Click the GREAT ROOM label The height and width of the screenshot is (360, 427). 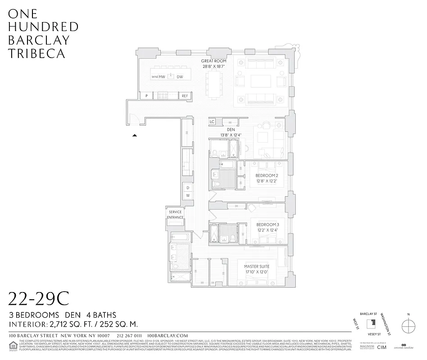(x=213, y=61)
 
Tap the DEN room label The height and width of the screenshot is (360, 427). (x=231, y=129)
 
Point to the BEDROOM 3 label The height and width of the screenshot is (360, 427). (x=268, y=225)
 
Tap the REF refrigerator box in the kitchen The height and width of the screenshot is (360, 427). (x=185, y=96)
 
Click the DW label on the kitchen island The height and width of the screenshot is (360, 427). (x=180, y=77)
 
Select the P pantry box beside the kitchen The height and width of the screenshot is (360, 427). (x=146, y=96)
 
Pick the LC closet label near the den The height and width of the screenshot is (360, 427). (x=212, y=122)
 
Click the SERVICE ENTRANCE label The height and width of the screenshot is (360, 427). (x=175, y=215)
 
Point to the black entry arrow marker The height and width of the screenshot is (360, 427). (x=134, y=135)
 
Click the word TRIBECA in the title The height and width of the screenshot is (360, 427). (x=36, y=53)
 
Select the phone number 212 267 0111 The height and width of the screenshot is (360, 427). (x=129, y=336)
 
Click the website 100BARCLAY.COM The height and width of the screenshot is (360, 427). (x=168, y=336)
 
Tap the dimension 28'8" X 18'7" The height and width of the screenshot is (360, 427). (x=213, y=66)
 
